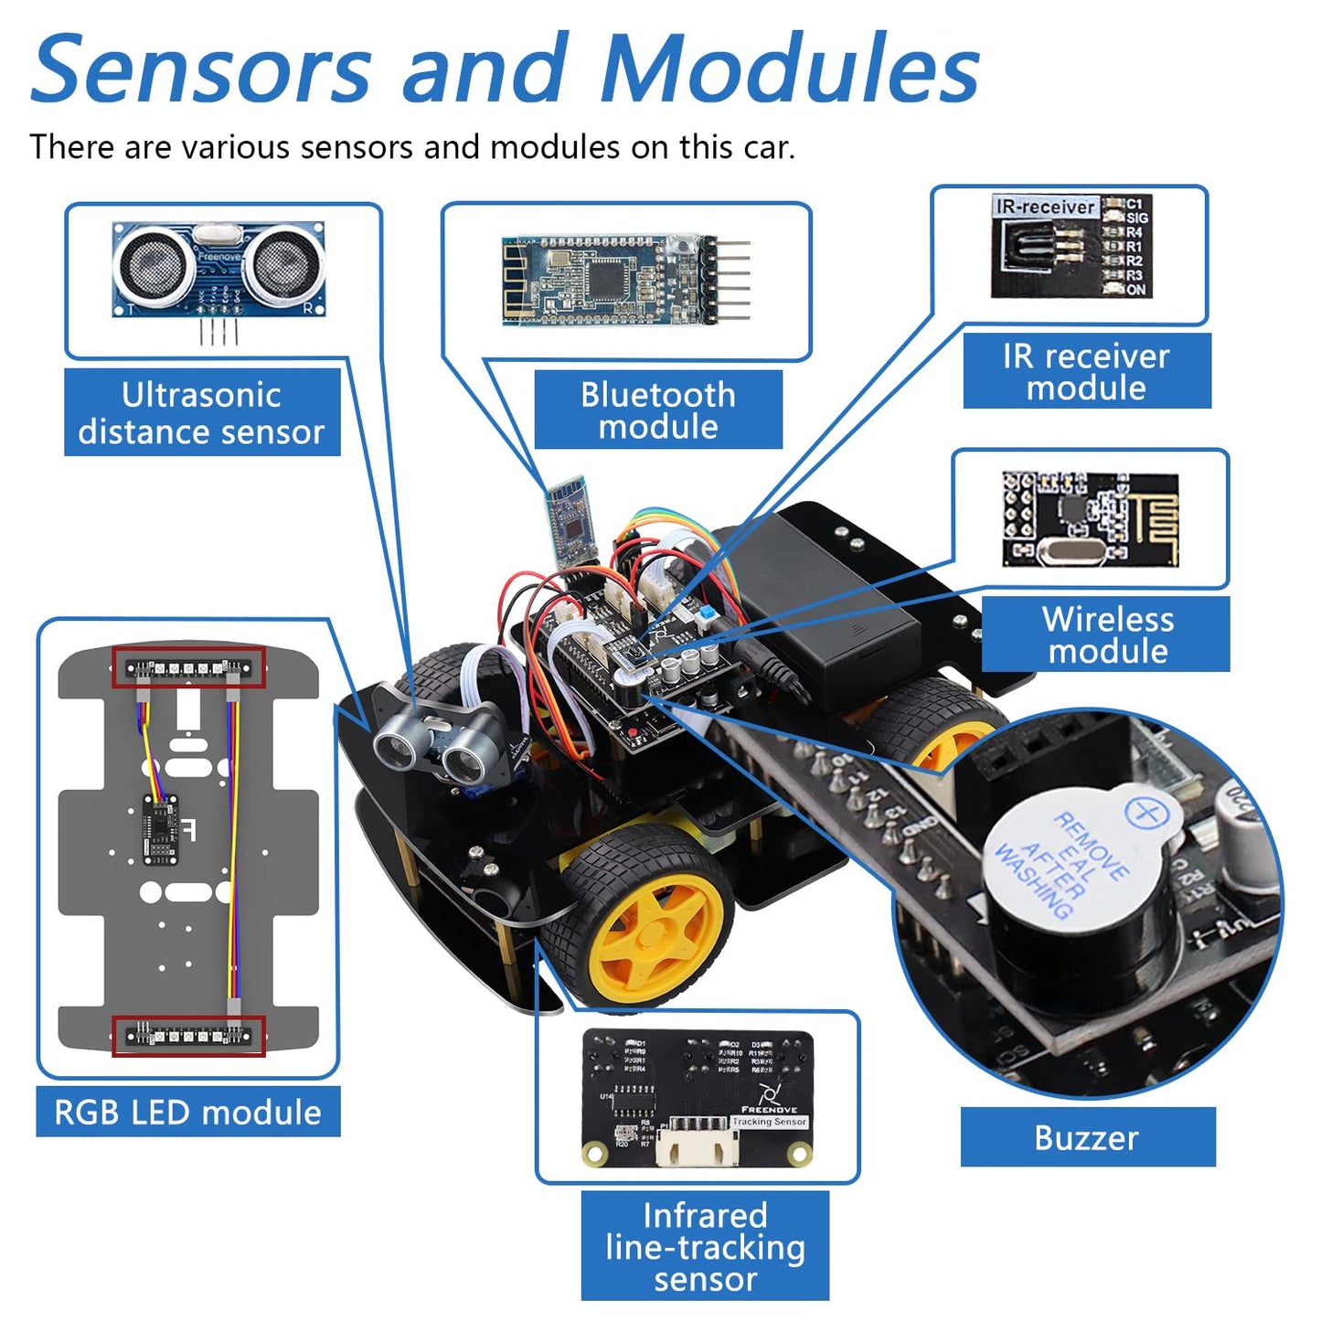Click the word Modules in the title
point(790,69)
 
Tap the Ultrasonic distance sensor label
point(201,412)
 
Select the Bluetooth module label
point(658,410)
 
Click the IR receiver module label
point(1086,371)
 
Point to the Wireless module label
point(1107,634)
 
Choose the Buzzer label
point(1087,1137)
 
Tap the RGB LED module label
point(187,1112)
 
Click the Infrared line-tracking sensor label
point(705,1246)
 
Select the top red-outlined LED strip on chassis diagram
point(188,668)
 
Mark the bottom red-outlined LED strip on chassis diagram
point(188,1036)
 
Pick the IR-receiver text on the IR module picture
point(1045,208)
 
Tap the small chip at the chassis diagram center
point(162,828)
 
